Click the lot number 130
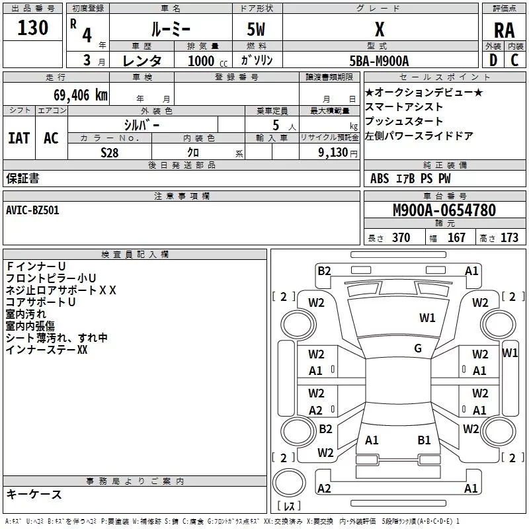pos(32,28)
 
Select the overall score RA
pos(504,30)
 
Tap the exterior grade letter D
pos(493,60)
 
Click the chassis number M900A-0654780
pos(444,210)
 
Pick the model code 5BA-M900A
pos(379,60)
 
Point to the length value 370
pos(401,238)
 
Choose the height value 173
pos(509,238)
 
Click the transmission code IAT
pos(19,138)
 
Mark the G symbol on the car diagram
pos(418,348)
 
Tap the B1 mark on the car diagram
pos(424,440)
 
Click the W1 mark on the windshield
pos(427,318)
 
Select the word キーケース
pos(34,494)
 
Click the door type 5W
pos(257,30)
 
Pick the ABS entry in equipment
pos(380,179)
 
